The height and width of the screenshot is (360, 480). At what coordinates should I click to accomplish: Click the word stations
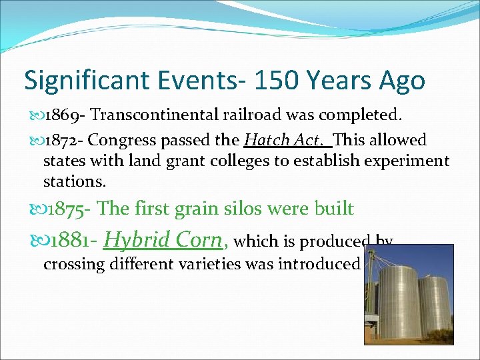[x=74, y=181]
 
